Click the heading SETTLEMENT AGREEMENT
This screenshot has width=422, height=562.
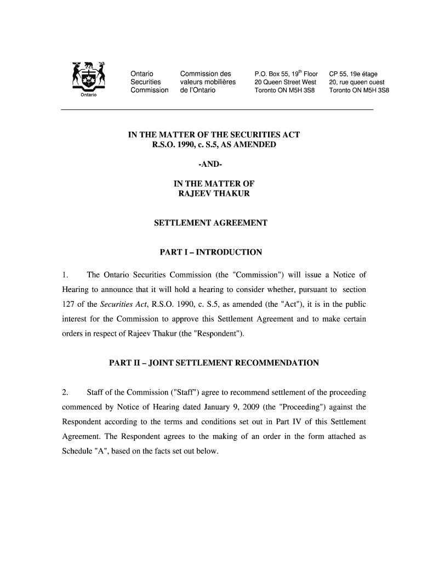(x=211, y=223)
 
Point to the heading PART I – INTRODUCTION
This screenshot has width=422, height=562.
(x=210, y=252)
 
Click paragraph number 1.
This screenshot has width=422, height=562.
(x=65, y=275)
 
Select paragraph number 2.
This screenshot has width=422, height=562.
(x=65, y=392)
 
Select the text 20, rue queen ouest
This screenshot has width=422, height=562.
(x=357, y=82)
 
